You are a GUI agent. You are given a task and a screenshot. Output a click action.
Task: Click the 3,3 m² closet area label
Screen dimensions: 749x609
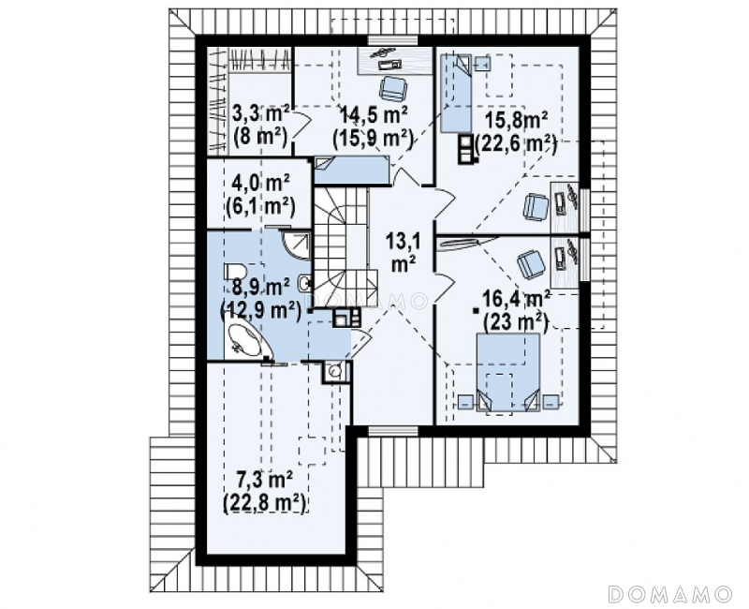point(261,114)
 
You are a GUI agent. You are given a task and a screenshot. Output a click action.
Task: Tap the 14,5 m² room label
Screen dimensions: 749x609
point(374,114)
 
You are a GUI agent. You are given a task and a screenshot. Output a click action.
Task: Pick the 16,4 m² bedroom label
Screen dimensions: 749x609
point(515,300)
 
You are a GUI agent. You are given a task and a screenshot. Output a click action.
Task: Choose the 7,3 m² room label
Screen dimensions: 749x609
point(265,479)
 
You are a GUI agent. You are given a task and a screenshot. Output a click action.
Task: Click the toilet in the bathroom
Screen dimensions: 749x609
point(235,273)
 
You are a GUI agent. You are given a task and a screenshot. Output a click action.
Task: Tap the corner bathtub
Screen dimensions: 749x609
point(247,340)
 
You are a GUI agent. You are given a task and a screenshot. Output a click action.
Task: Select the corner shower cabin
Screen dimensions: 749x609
point(297,245)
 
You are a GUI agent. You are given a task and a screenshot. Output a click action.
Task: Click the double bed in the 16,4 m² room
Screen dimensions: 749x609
point(508,372)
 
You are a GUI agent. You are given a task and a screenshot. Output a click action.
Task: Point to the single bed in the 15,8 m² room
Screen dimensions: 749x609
point(456,92)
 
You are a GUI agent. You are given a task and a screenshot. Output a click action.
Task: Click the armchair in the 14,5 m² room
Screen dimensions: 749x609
point(393,88)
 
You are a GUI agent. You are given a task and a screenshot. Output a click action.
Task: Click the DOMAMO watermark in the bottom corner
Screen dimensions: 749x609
point(670,594)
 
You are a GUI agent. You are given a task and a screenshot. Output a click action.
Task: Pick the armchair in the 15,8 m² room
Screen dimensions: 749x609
point(536,207)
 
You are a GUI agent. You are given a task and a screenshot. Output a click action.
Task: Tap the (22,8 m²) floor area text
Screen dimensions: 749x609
point(265,504)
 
